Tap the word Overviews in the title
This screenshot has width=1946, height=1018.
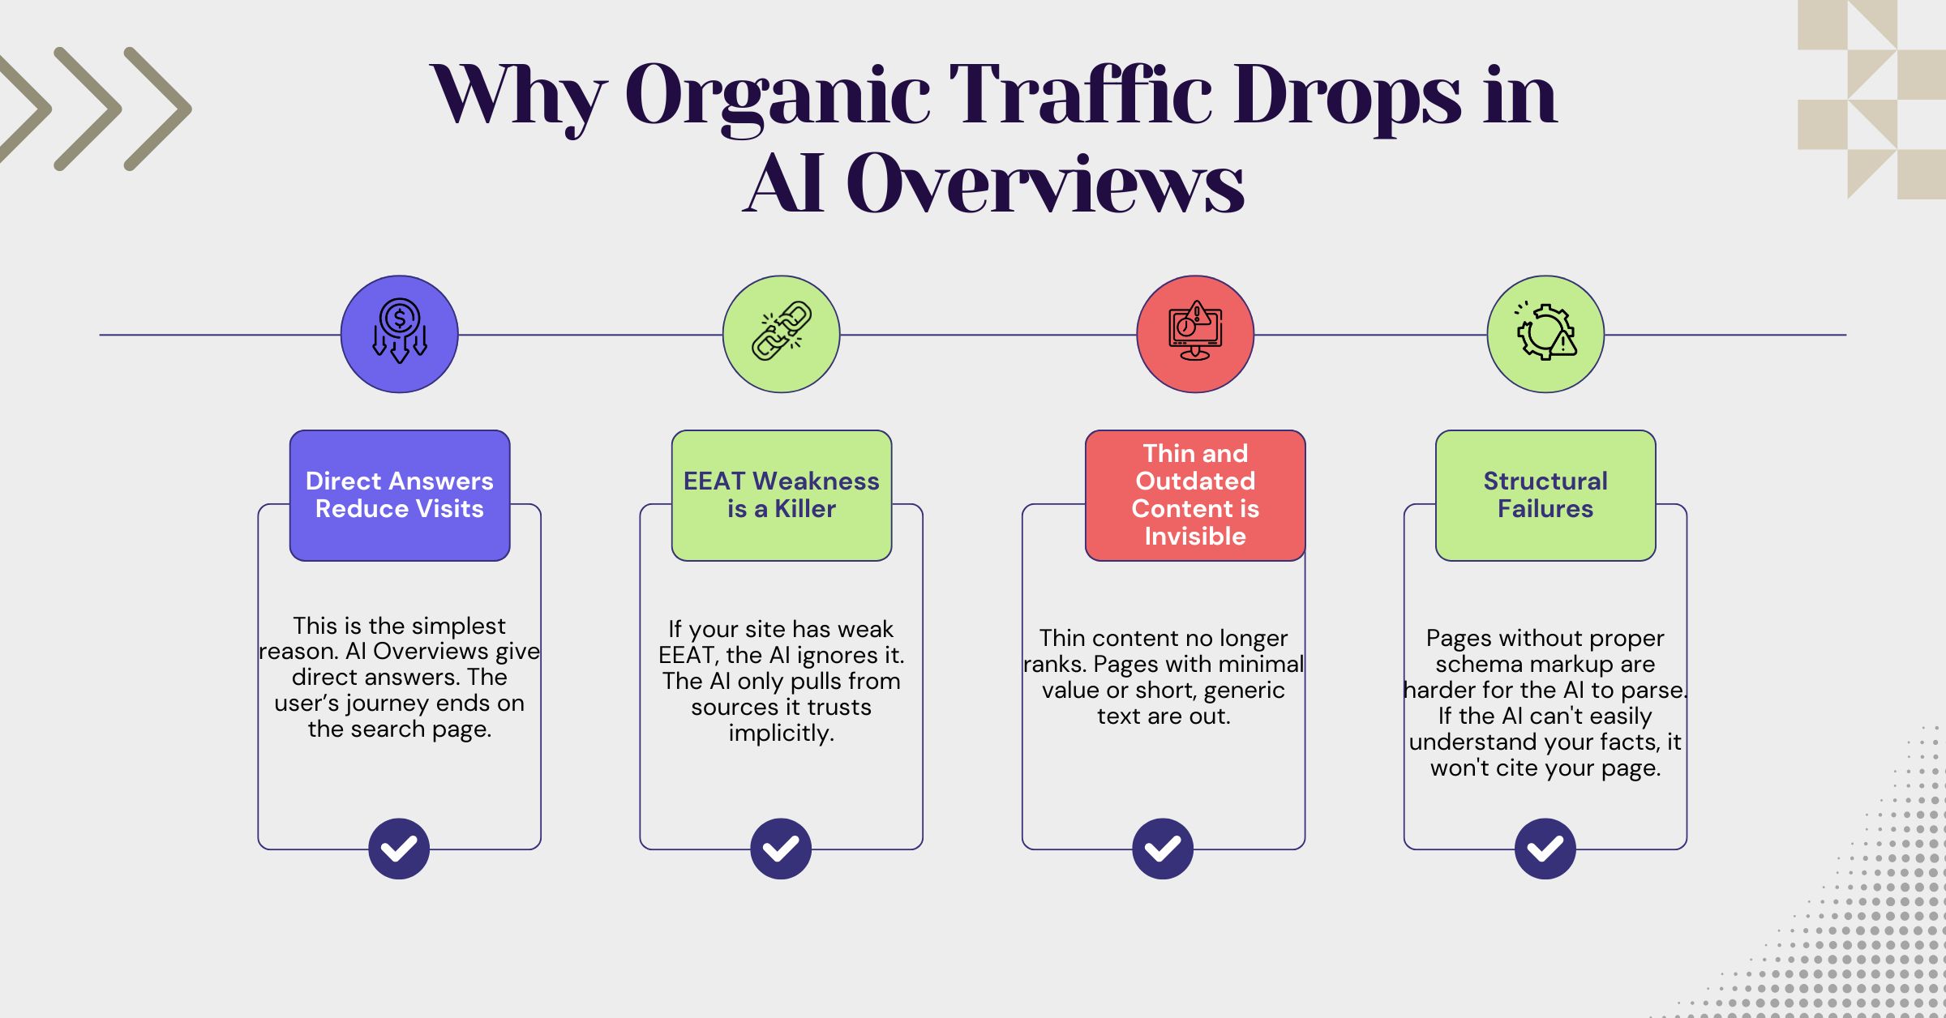1044,185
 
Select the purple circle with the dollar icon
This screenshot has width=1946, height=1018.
399,334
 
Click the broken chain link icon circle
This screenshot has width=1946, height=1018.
781,334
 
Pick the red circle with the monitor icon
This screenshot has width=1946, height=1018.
1195,334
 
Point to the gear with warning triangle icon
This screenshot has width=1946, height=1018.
1545,334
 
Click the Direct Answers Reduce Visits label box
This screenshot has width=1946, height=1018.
400,495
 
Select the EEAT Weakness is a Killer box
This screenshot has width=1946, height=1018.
782,495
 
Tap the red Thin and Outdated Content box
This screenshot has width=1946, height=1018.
1195,495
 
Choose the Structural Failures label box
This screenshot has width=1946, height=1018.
1545,495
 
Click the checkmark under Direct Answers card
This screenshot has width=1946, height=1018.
399,849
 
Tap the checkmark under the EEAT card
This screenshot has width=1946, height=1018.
781,849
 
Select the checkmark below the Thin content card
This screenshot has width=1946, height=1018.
1163,849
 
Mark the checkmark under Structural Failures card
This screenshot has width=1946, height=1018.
1545,849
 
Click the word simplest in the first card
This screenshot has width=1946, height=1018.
457,627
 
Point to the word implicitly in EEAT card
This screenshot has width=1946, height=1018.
781,734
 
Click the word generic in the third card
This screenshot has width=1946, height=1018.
1244,691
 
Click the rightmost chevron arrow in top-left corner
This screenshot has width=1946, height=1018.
158,109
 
